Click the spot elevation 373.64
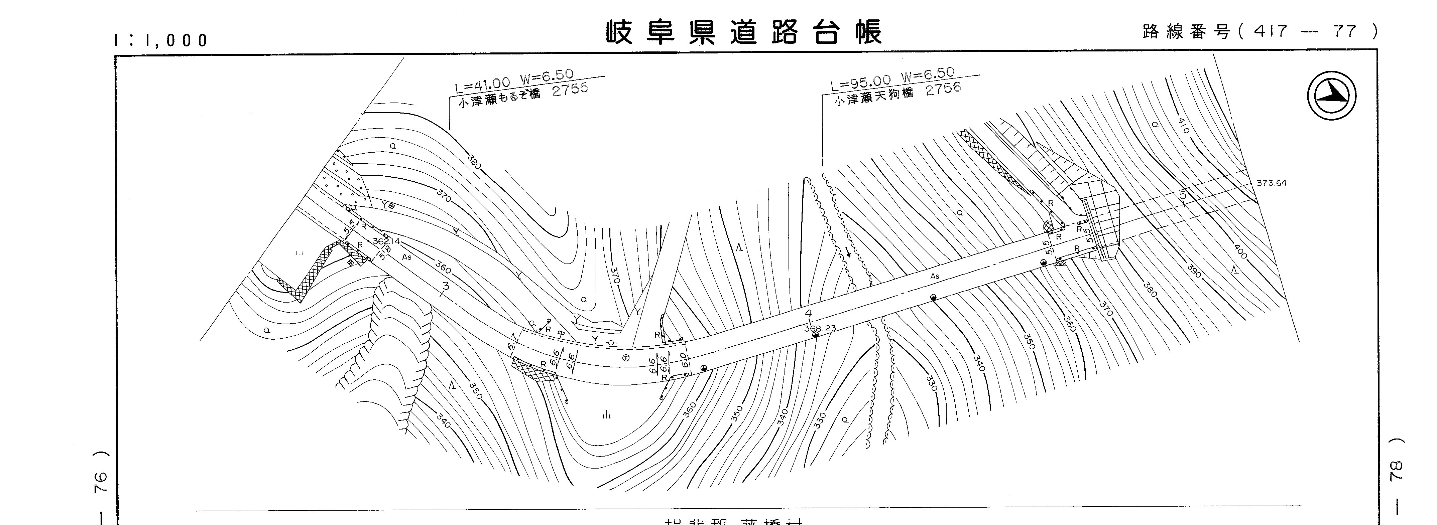click(x=1271, y=183)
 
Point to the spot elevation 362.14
click(x=387, y=241)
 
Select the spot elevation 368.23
click(x=820, y=328)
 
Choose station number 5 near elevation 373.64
click(x=1183, y=195)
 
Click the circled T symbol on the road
click(x=625, y=358)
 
